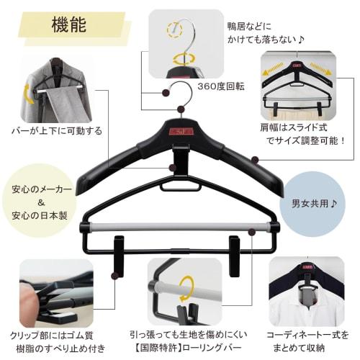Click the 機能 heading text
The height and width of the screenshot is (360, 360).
click(70, 25)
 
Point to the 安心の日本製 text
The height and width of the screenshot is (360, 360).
click(39, 215)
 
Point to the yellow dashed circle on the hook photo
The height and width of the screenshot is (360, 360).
click(175, 30)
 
